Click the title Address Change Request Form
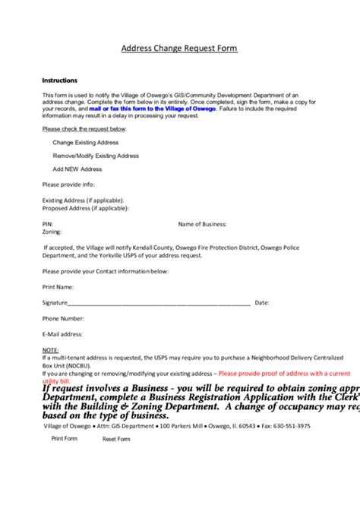tap(179, 49)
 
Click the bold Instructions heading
tap(59, 80)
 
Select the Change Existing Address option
tap(86, 142)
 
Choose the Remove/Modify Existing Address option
tap(96, 156)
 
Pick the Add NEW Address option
tap(77, 169)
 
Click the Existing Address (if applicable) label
tap(84, 200)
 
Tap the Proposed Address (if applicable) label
tap(86, 207)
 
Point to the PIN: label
tap(48, 224)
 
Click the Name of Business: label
tap(203, 224)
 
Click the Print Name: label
tap(58, 287)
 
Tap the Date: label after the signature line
tap(262, 302)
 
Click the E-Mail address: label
tap(62, 334)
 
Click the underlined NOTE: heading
tap(50, 350)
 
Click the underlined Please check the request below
tap(84, 129)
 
